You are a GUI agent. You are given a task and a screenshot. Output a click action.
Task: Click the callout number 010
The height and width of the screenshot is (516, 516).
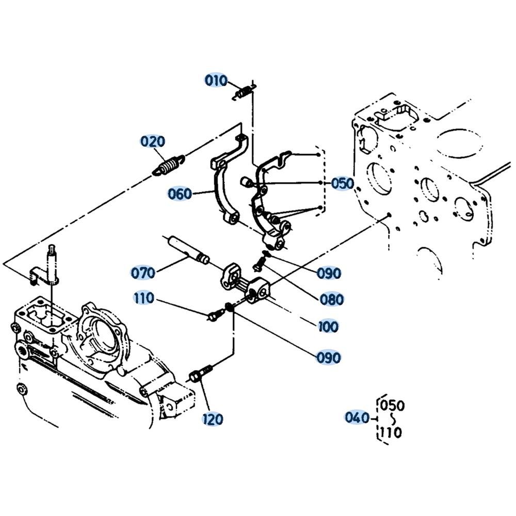coord(216,80)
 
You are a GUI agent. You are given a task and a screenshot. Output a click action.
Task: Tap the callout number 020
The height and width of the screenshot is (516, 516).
coord(153,141)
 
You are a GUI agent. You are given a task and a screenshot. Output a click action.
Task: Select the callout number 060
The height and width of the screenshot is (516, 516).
coord(180,194)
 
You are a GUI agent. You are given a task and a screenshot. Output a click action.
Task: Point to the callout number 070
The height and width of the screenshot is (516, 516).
coord(143,273)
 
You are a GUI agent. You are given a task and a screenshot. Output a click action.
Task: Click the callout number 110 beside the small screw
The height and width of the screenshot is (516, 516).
coord(144,298)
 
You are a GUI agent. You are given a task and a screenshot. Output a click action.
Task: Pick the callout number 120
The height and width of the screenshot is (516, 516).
coord(213,419)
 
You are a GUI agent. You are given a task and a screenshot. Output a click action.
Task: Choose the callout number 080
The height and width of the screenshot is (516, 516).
coord(332,299)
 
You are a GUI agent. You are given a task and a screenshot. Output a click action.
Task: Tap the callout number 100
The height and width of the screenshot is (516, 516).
coord(328,327)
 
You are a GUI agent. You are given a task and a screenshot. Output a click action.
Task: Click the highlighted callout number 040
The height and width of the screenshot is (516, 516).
coord(357,417)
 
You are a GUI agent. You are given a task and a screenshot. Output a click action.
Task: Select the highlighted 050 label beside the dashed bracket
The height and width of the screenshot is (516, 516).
coord(343,183)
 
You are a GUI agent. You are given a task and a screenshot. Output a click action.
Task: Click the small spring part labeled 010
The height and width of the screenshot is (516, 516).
coord(244,92)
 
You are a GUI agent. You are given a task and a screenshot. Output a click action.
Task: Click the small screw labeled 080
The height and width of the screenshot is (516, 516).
coord(260,264)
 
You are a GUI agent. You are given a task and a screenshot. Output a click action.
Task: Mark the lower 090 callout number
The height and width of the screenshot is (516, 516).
coord(329,358)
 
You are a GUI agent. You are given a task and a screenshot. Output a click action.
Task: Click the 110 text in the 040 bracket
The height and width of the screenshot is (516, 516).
coord(391,432)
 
